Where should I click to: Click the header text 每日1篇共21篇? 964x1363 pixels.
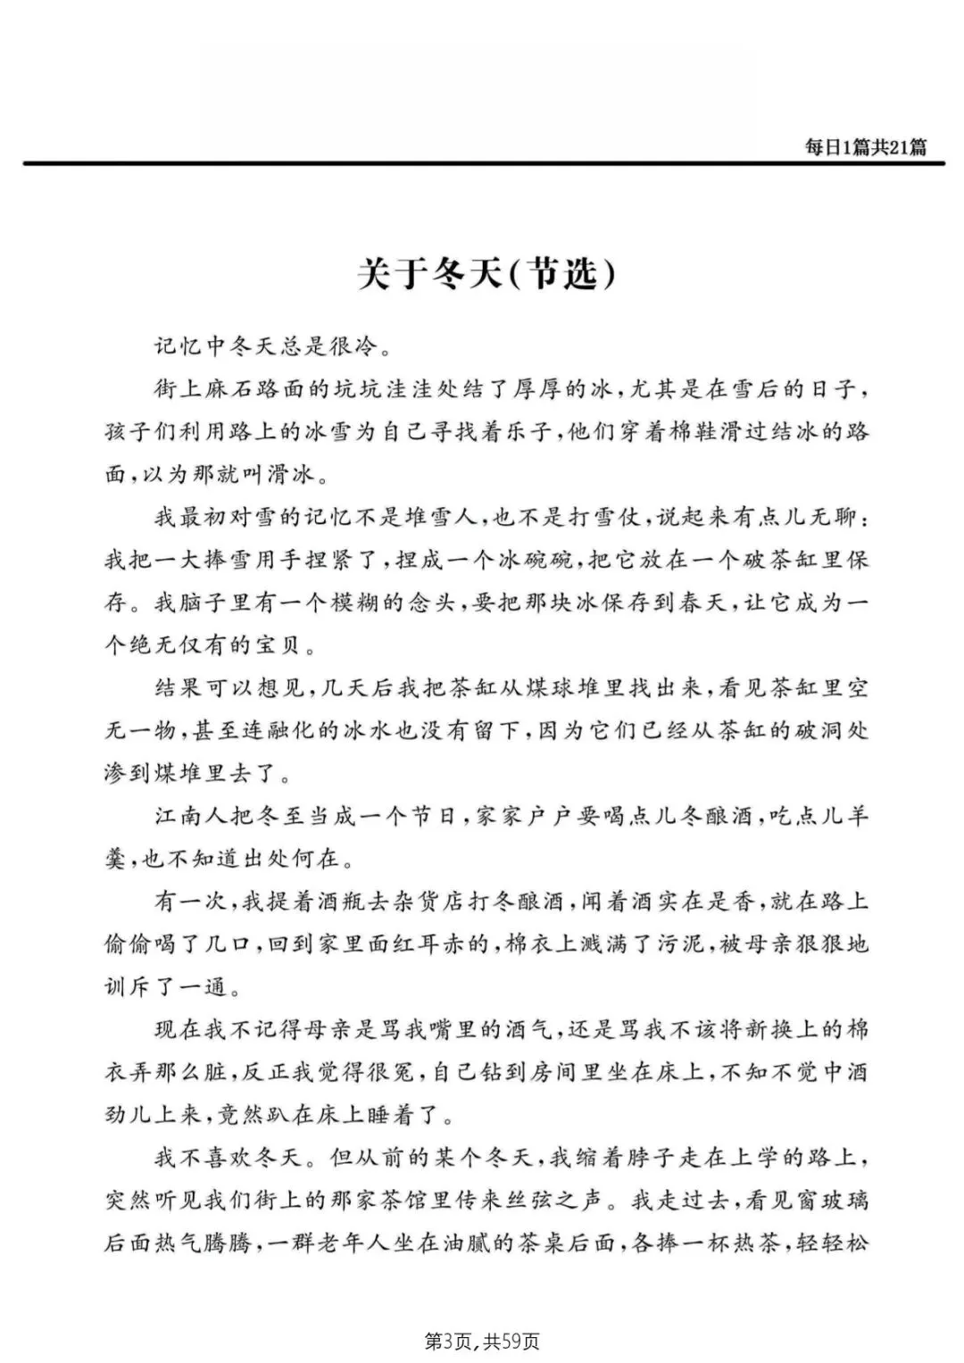[x=865, y=147]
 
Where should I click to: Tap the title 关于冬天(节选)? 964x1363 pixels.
[x=486, y=274]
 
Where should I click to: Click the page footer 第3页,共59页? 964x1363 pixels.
[x=481, y=1341]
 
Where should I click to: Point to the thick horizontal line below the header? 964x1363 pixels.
[x=482, y=163]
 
